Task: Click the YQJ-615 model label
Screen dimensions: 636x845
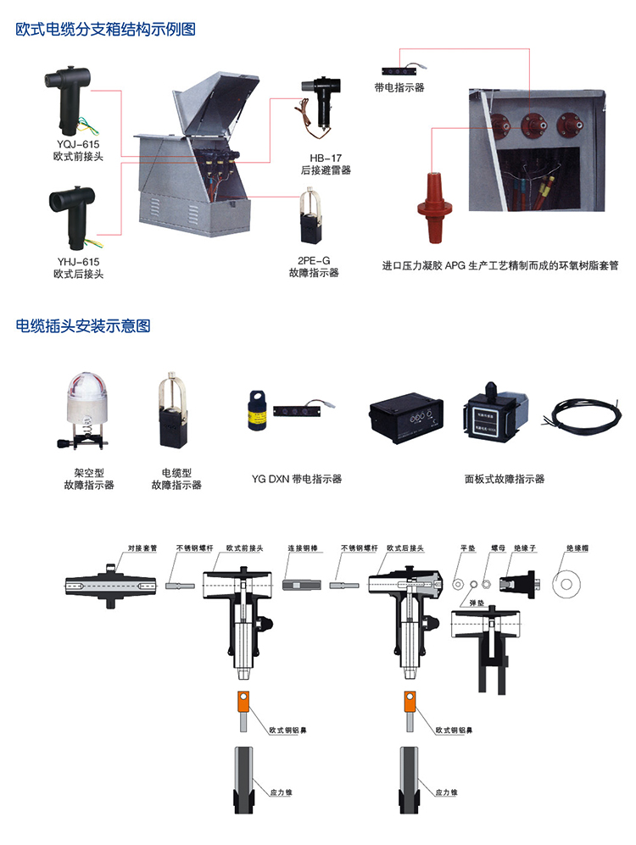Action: click(x=78, y=144)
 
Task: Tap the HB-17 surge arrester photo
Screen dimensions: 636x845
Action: click(x=319, y=105)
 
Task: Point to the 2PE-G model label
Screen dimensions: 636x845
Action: click(x=314, y=261)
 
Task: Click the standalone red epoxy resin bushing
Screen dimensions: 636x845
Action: click(x=434, y=208)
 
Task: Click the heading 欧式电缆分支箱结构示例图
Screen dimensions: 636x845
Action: click(x=106, y=29)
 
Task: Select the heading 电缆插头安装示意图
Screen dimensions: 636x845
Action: click(x=83, y=326)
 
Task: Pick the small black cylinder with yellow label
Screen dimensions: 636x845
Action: click(x=257, y=410)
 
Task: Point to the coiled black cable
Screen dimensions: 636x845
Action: click(x=582, y=414)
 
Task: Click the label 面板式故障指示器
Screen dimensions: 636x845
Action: click(x=505, y=479)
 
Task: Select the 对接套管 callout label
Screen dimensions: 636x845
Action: click(x=142, y=548)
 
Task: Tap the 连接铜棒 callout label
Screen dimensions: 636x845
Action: click(x=303, y=548)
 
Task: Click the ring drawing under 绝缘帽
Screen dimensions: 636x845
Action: click(x=566, y=584)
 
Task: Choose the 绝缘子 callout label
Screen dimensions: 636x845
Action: click(x=525, y=548)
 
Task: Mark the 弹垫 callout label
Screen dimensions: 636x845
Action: click(x=477, y=603)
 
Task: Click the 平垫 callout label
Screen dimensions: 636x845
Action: click(x=468, y=548)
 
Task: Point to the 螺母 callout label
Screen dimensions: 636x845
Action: click(x=498, y=548)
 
